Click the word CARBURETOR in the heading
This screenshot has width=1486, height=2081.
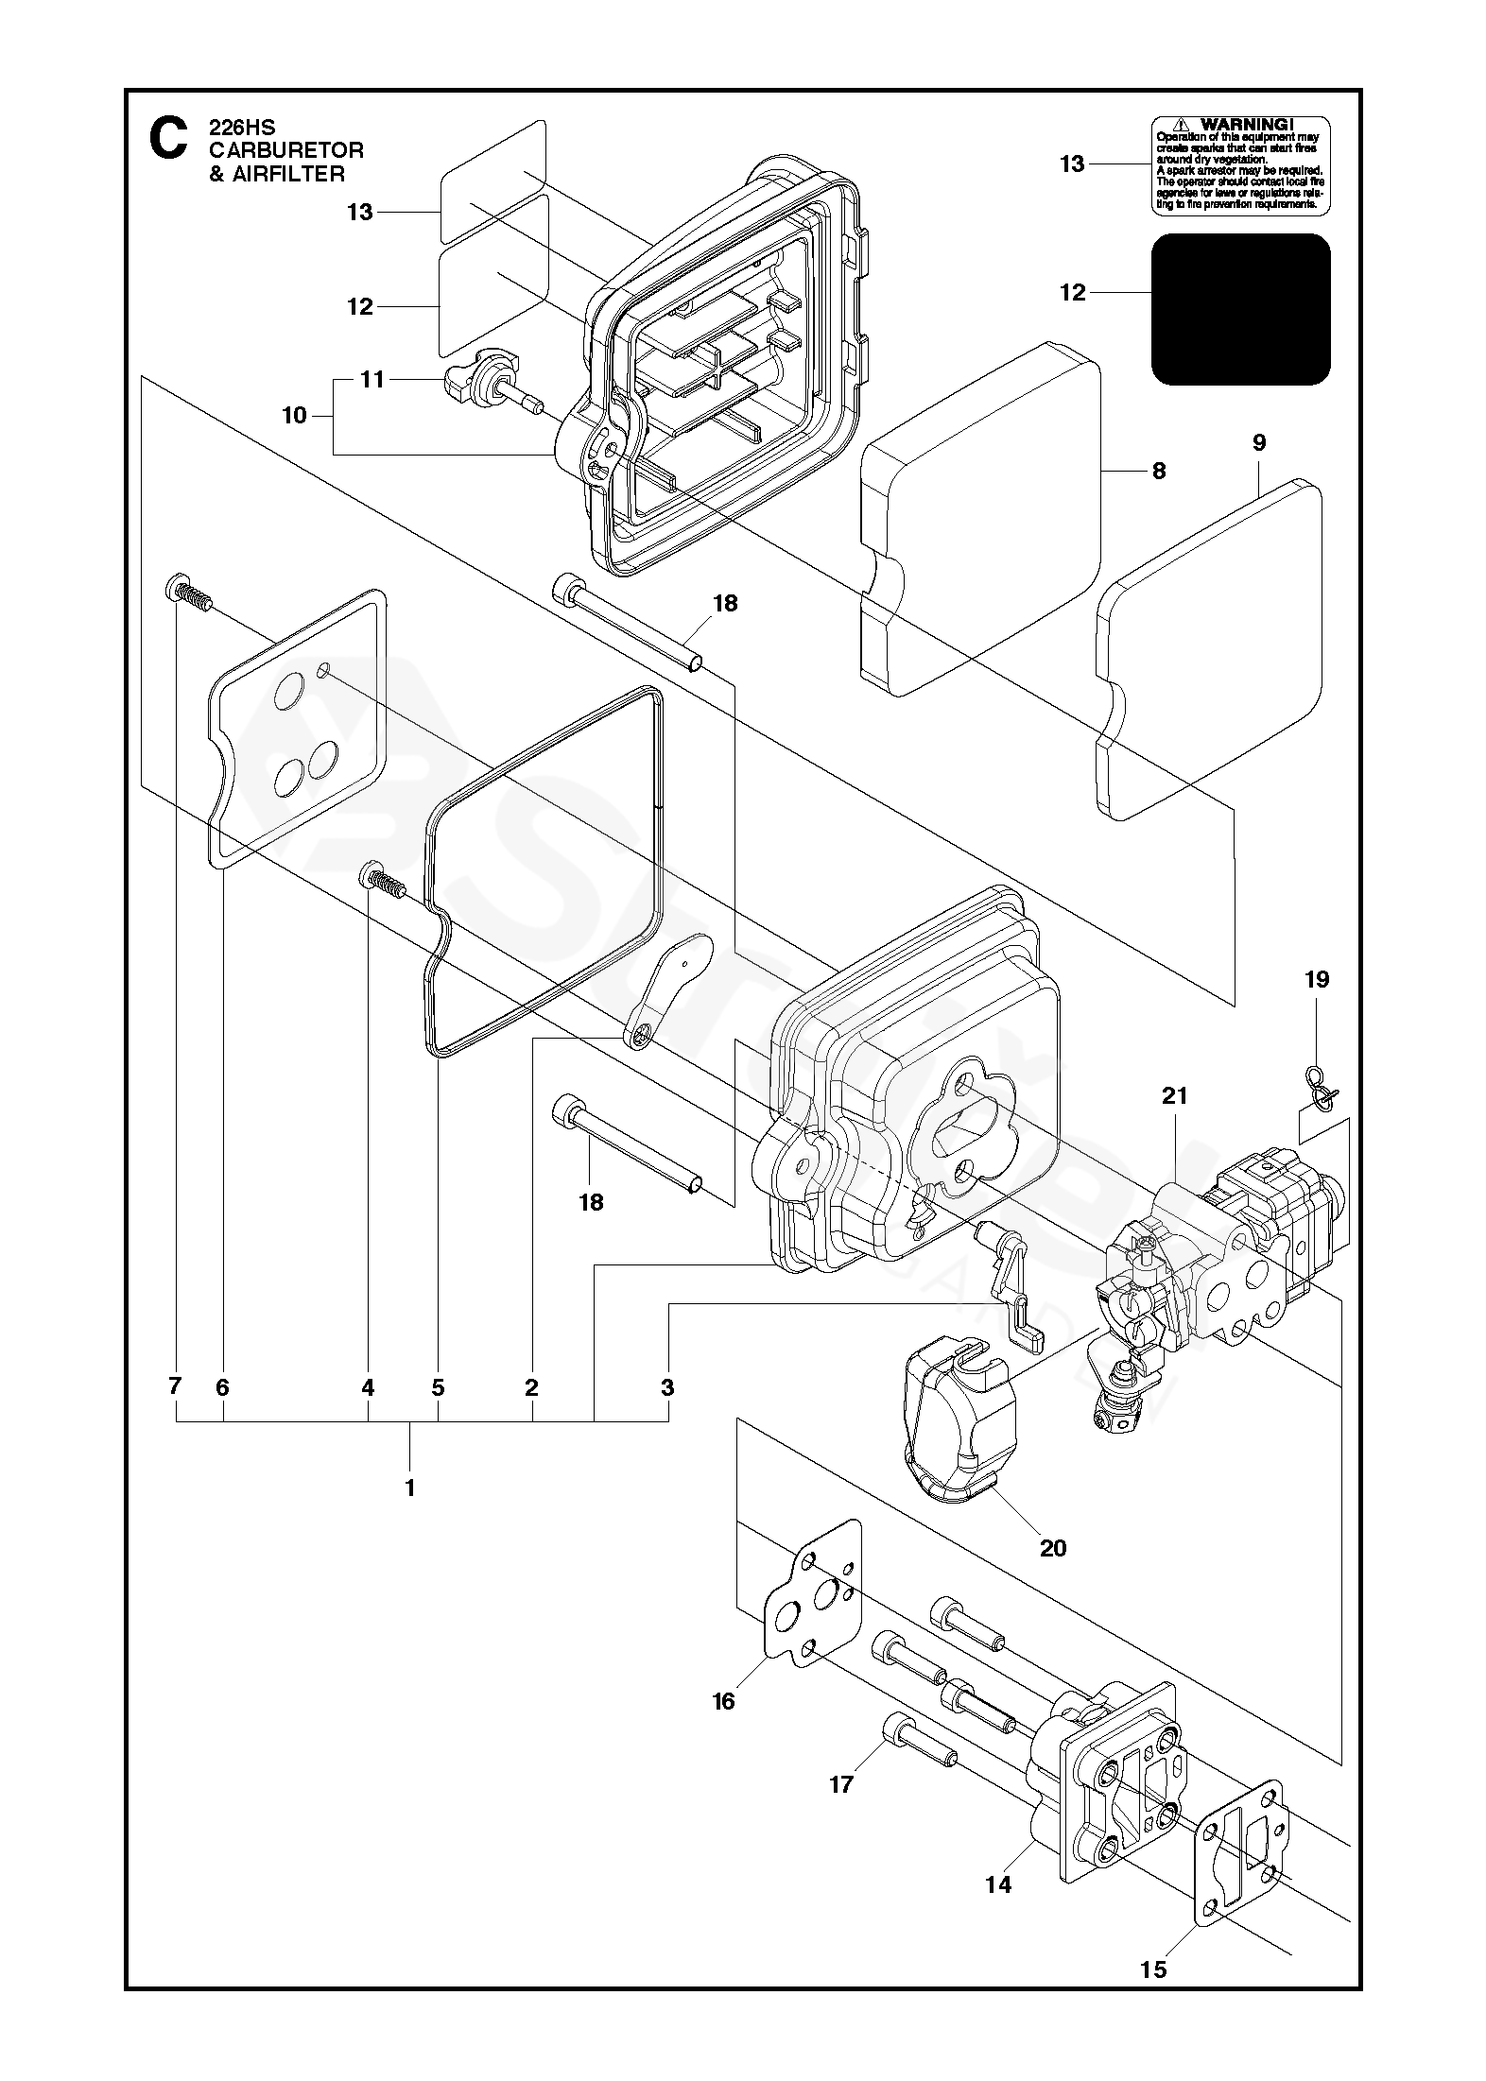[x=285, y=150]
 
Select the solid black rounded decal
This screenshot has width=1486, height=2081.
[x=1239, y=309]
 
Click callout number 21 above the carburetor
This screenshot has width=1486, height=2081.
[x=1175, y=1096]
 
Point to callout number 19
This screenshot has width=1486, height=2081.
[x=1317, y=980]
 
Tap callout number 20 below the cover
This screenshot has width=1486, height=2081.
[x=1052, y=1547]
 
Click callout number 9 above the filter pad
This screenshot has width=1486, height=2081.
[x=1259, y=443]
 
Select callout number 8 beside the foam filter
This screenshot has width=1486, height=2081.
[x=1159, y=471]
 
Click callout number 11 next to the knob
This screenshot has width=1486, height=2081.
[x=372, y=379]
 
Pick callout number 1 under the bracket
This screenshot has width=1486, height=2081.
[x=409, y=1488]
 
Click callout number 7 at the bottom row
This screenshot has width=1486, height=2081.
[x=175, y=1387]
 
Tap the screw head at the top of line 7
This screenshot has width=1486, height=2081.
[x=177, y=588]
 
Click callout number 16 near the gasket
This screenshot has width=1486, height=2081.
[x=723, y=1701]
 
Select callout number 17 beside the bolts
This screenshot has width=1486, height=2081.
[x=841, y=1783]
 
